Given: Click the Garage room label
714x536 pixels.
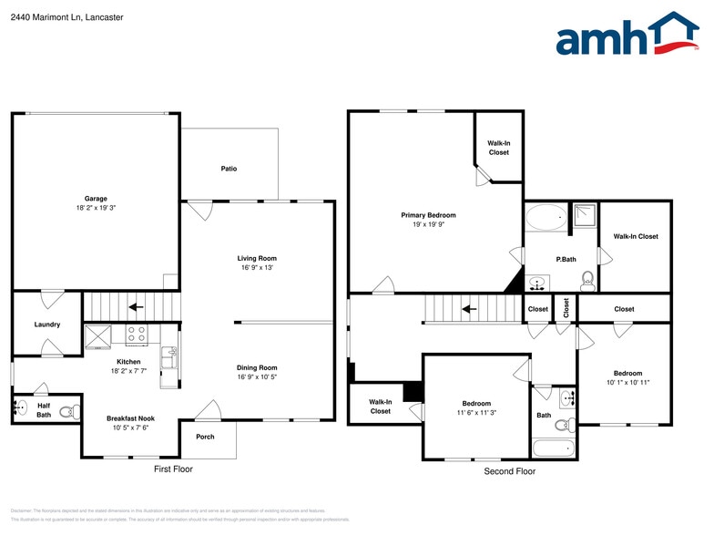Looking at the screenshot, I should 97,199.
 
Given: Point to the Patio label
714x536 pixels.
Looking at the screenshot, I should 229,169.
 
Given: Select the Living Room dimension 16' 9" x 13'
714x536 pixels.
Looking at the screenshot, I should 257,268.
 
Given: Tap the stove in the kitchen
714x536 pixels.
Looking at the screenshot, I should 136,335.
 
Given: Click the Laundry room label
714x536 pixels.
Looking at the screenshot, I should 47,325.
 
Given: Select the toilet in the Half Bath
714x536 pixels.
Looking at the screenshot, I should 66,411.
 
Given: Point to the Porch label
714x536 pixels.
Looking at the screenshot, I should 206,437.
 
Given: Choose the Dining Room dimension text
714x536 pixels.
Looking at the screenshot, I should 257,377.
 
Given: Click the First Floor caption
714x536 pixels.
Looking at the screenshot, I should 172,469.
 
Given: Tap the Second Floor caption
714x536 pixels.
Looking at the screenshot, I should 509,471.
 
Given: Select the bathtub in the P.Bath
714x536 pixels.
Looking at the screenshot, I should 546,218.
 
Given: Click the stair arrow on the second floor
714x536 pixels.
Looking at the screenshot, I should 469,308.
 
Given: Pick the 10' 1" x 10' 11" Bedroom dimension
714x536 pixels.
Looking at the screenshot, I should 627,383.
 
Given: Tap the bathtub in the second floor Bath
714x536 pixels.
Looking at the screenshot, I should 554,448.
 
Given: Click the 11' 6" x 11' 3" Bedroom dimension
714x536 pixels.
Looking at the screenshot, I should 475,413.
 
